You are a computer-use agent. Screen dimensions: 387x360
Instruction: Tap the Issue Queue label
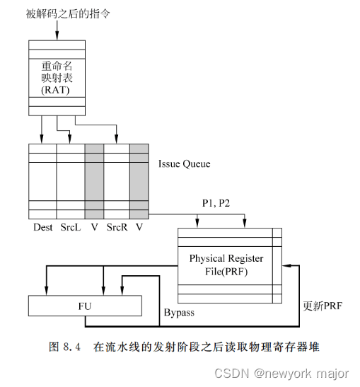click(184, 163)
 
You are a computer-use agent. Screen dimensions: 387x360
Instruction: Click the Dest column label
click(43, 227)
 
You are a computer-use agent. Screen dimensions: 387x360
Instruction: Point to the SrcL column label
click(70, 227)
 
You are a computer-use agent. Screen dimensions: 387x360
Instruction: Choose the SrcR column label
click(117, 227)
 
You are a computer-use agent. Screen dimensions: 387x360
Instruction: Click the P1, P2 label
click(217, 203)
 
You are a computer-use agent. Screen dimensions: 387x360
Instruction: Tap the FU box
click(85, 306)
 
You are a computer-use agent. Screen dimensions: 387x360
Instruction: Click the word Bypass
click(180, 311)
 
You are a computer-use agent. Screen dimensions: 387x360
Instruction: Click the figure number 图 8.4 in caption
click(67, 347)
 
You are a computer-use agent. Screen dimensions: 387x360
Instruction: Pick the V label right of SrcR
click(139, 227)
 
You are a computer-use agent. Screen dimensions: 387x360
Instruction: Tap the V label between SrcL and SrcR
click(94, 227)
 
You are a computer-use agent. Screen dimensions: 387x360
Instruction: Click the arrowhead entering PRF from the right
click(286, 264)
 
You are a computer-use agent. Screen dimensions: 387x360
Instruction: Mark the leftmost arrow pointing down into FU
click(47, 287)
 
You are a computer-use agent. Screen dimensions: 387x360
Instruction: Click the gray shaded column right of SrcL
click(94, 180)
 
